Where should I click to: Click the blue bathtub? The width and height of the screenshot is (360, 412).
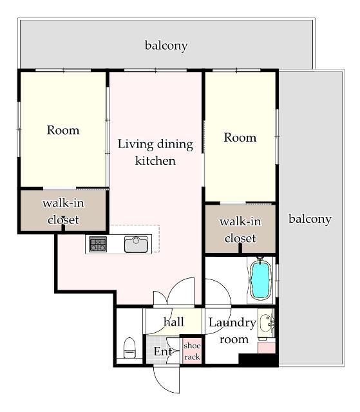(x=261, y=280)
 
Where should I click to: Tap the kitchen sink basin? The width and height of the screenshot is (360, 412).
(x=136, y=245)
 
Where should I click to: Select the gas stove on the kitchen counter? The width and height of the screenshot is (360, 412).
(x=98, y=244)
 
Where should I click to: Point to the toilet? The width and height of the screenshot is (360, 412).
(x=129, y=348)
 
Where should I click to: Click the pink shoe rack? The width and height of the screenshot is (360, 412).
(x=192, y=351)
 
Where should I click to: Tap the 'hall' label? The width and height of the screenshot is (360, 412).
(x=173, y=322)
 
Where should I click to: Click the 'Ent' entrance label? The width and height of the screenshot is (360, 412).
(x=163, y=351)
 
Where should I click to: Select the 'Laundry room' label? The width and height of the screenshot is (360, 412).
(x=232, y=331)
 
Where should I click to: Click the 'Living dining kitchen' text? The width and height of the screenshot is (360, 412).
(x=155, y=153)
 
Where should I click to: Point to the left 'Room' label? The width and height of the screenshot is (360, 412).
(x=63, y=130)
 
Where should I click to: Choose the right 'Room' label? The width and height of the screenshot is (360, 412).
(x=240, y=138)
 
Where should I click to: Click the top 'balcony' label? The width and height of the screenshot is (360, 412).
(x=166, y=46)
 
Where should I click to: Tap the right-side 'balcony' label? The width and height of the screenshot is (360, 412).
(x=310, y=219)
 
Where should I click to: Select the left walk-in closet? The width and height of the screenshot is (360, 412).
(x=63, y=211)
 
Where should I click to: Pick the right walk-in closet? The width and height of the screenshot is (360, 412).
(x=240, y=229)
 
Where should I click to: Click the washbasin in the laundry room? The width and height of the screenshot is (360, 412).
(x=266, y=323)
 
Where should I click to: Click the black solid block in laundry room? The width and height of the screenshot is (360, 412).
(x=258, y=359)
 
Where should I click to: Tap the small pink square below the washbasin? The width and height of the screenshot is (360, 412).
(x=267, y=348)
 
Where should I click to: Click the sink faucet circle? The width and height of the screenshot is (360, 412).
(x=136, y=240)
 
